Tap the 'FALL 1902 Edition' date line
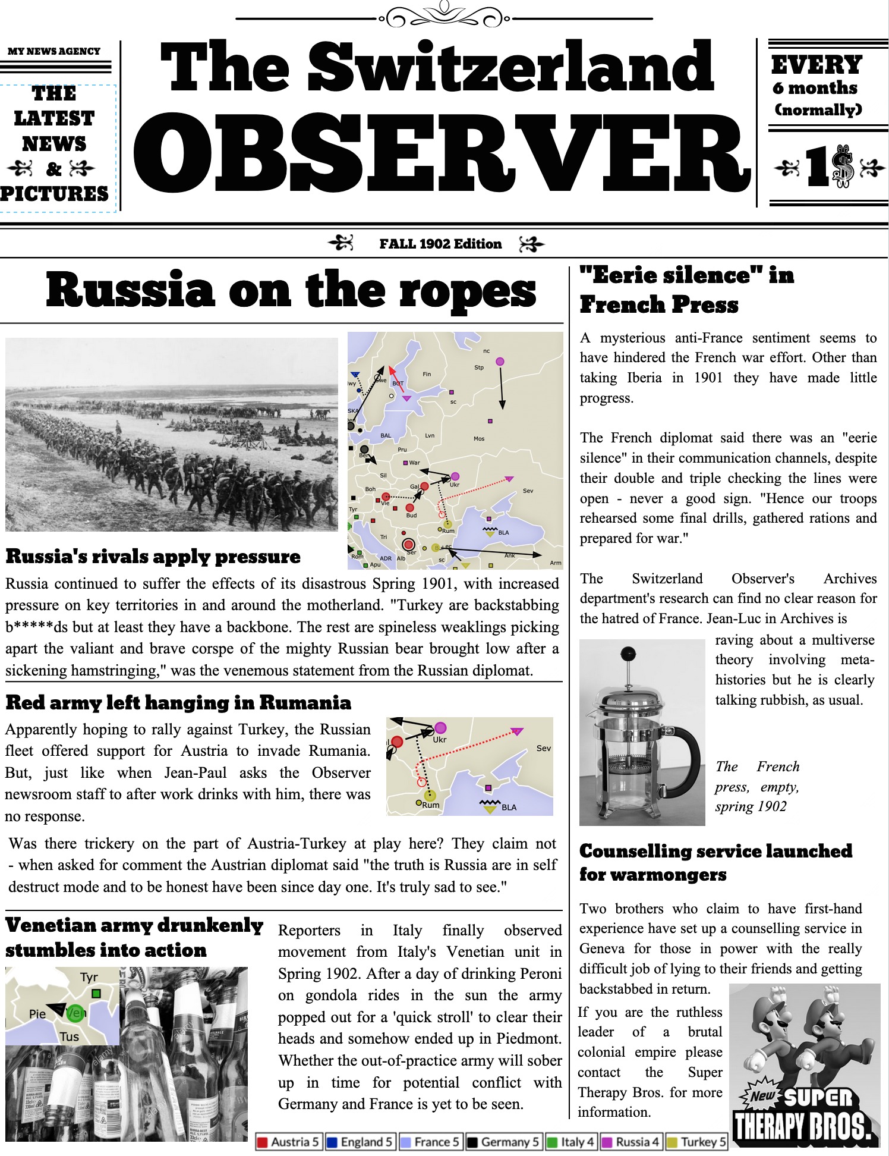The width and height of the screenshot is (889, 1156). (x=440, y=244)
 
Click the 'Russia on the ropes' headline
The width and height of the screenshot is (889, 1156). (x=291, y=290)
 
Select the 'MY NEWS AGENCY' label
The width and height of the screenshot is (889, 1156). (x=54, y=51)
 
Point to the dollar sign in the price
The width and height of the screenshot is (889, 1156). (x=843, y=167)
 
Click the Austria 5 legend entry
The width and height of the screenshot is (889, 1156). (x=289, y=1142)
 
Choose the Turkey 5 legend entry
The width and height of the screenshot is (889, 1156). (x=696, y=1142)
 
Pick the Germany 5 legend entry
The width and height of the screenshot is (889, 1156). (x=503, y=1142)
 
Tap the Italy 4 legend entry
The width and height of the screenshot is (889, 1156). (x=570, y=1142)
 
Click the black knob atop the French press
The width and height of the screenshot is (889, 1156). (x=628, y=654)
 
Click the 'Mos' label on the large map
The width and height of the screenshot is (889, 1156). (x=479, y=439)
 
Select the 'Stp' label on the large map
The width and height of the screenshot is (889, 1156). (x=479, y=367)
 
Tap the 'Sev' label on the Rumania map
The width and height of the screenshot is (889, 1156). (x=543, y=748)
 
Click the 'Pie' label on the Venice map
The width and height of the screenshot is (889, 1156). (x=37, y=1014)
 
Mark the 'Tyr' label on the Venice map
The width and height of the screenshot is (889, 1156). (x=89, y=977)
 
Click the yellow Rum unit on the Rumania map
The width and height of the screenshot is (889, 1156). (x=430, y=795)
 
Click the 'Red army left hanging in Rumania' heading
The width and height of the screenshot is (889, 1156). (x=178, y=703)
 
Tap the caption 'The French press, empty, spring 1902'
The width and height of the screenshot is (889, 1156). (x=757, y=786)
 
